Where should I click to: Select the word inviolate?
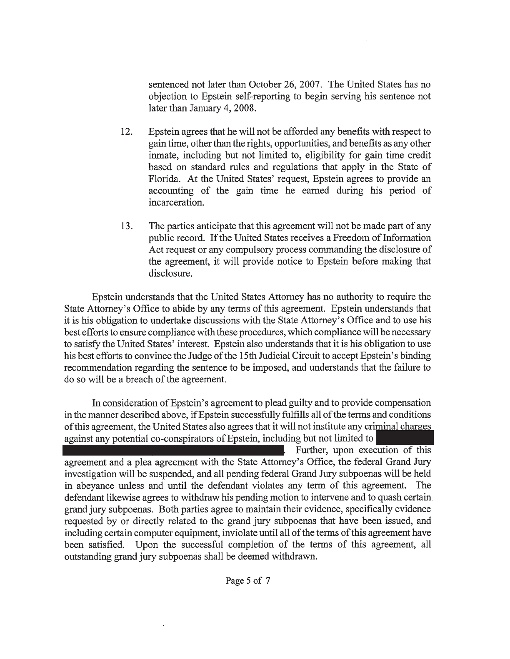[258, 533]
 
